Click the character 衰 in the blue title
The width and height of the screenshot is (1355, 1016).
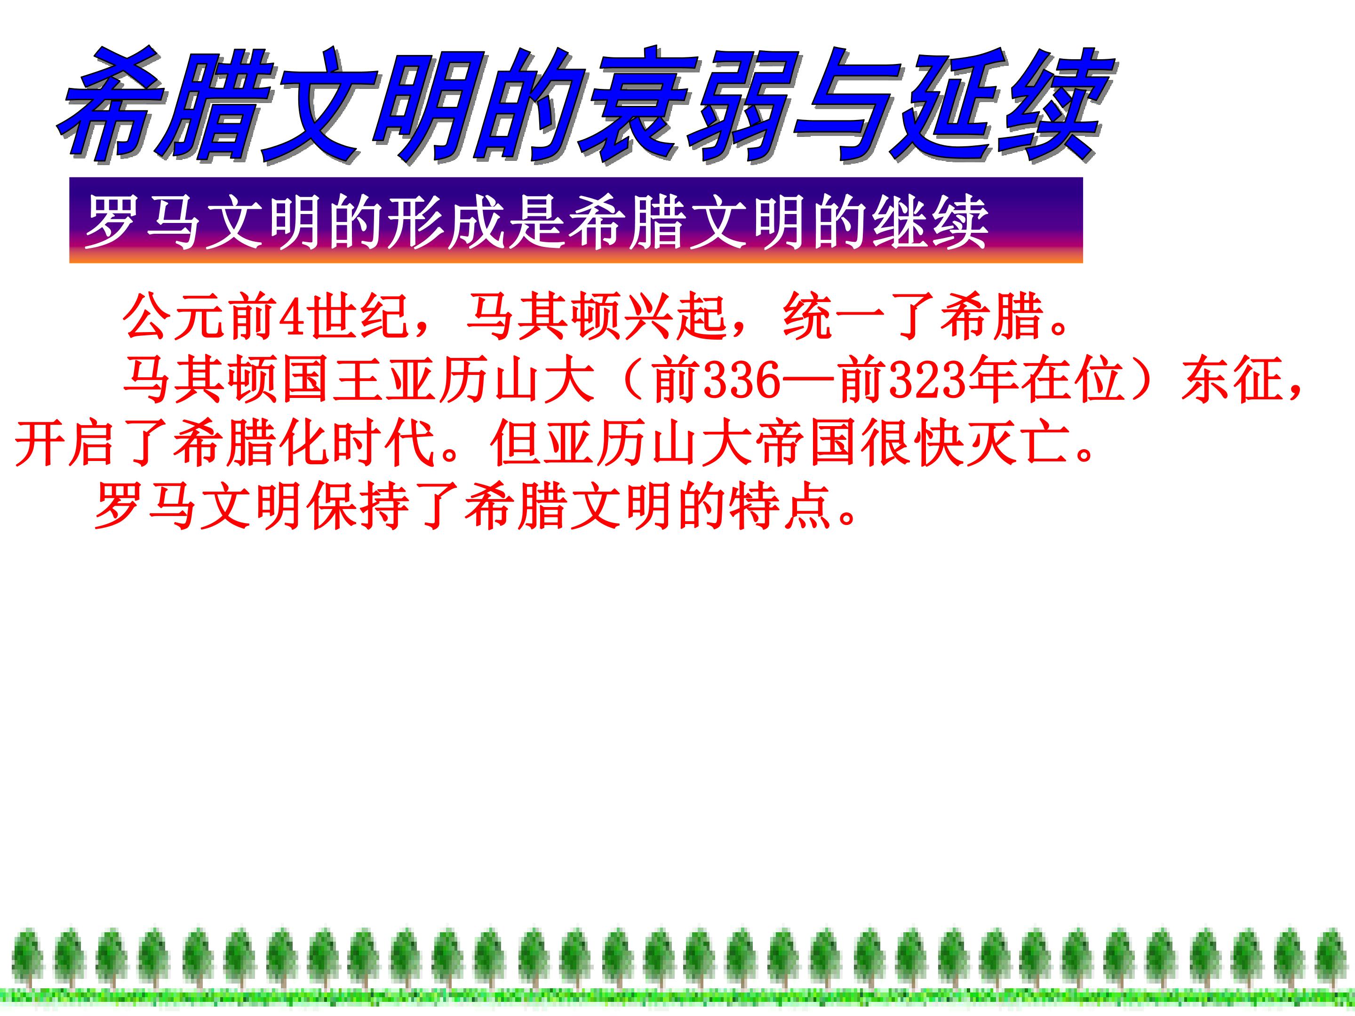point(637,104)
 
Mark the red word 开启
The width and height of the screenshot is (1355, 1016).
point(64,444)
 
